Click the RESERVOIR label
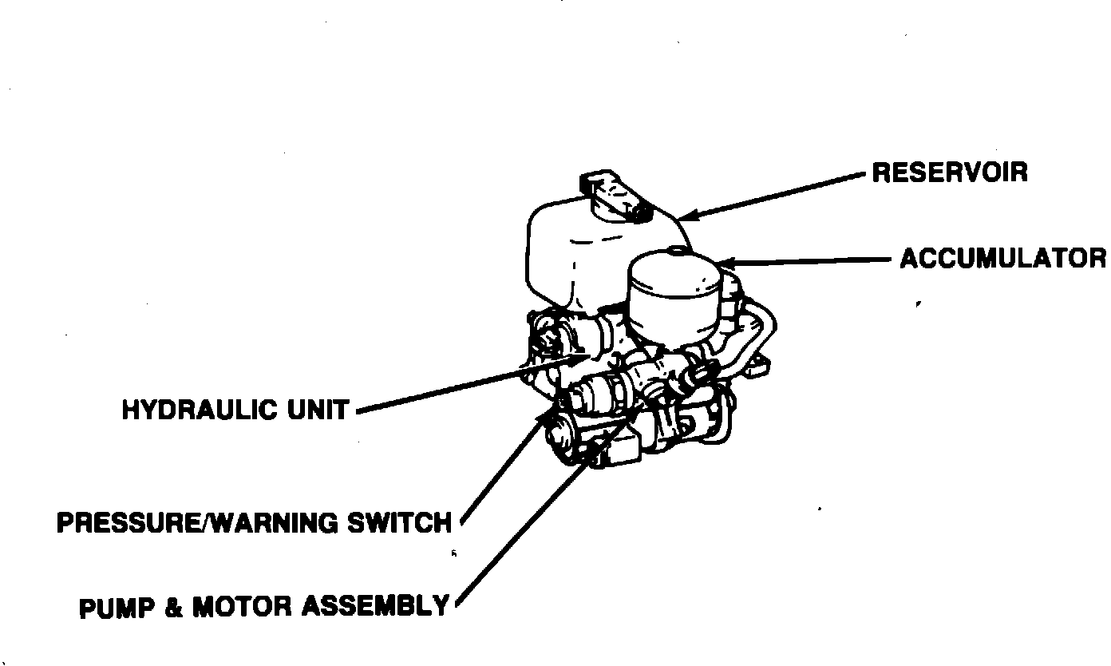tap(949, 172)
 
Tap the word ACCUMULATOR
tap(1003, 259)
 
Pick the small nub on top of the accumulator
tap(677, 249)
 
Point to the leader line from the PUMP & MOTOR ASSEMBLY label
tap(527, 527)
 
